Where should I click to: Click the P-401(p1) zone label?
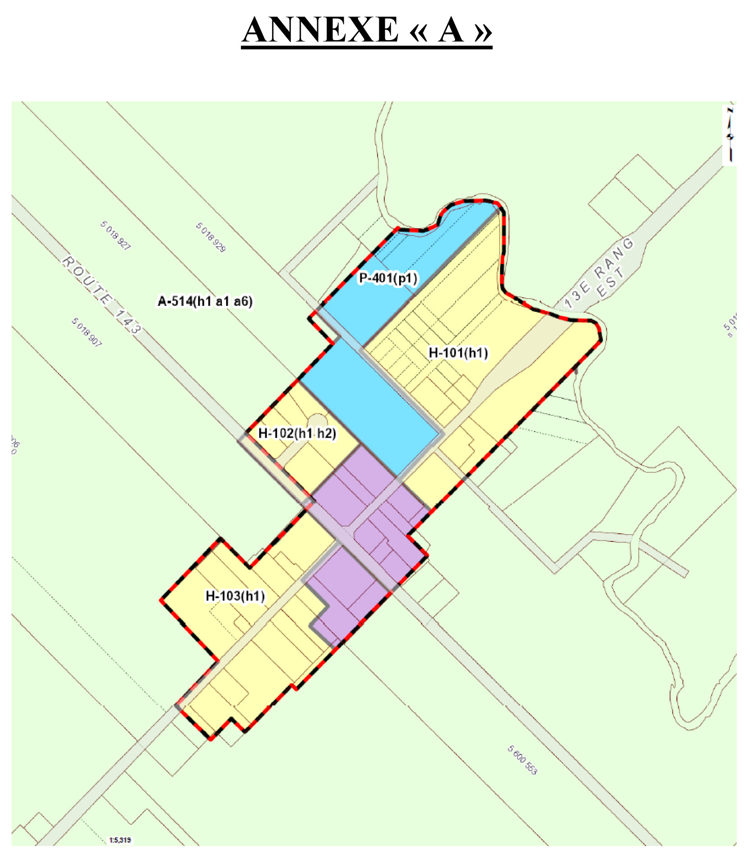tap(388, 278)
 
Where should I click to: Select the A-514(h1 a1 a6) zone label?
tap(205, 301)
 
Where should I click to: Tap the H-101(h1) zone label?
tap(458, 353)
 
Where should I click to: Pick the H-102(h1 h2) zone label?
tap(297, 434)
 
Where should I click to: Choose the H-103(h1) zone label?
tap(235, 596)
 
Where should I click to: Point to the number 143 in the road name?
tap(127, 321)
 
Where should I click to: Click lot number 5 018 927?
tap(115, 236)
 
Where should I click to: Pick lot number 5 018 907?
tap(87, 332)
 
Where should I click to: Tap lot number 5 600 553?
tap(522, 760)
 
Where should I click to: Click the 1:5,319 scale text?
tap(120, 840)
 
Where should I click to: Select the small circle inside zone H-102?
tap(318, 421)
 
